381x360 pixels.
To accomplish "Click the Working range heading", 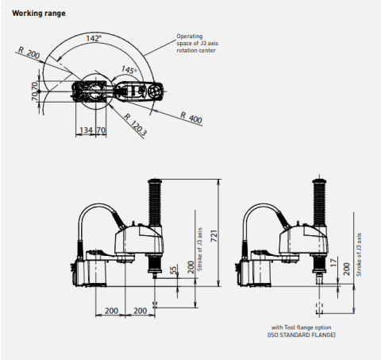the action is click(39, 14).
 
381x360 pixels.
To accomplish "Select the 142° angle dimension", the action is click(94, 38).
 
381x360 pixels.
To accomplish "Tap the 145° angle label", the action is click(129, 70).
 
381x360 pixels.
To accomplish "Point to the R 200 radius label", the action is click(29, 52).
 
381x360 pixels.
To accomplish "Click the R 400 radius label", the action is click(191, 118).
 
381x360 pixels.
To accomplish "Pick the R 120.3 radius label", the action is click(135, 125).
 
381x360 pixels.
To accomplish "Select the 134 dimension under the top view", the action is click(86, 130).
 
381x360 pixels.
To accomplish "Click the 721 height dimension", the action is click(214, 236).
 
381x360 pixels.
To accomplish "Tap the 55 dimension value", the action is click(173, 270).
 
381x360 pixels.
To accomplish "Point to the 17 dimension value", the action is click(333, 262).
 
